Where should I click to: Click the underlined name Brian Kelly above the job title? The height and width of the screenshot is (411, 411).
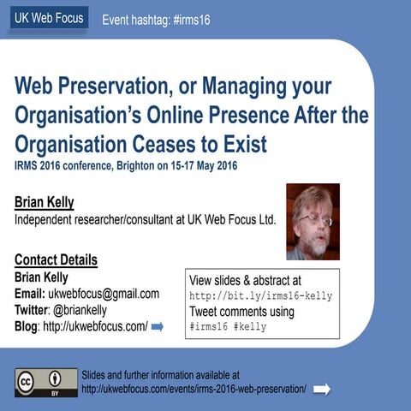coord(45,203)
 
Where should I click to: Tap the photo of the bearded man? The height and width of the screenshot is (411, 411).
coord(313,221)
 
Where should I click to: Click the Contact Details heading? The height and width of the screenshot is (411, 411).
coord(56,260)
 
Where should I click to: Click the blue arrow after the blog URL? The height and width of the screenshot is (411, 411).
coord(157,326)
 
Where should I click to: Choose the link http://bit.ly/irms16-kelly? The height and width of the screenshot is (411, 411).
coord(260,295)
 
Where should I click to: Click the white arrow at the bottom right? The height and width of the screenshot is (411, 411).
coord(322,389)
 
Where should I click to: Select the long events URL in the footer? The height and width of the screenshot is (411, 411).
coord(194,389)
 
